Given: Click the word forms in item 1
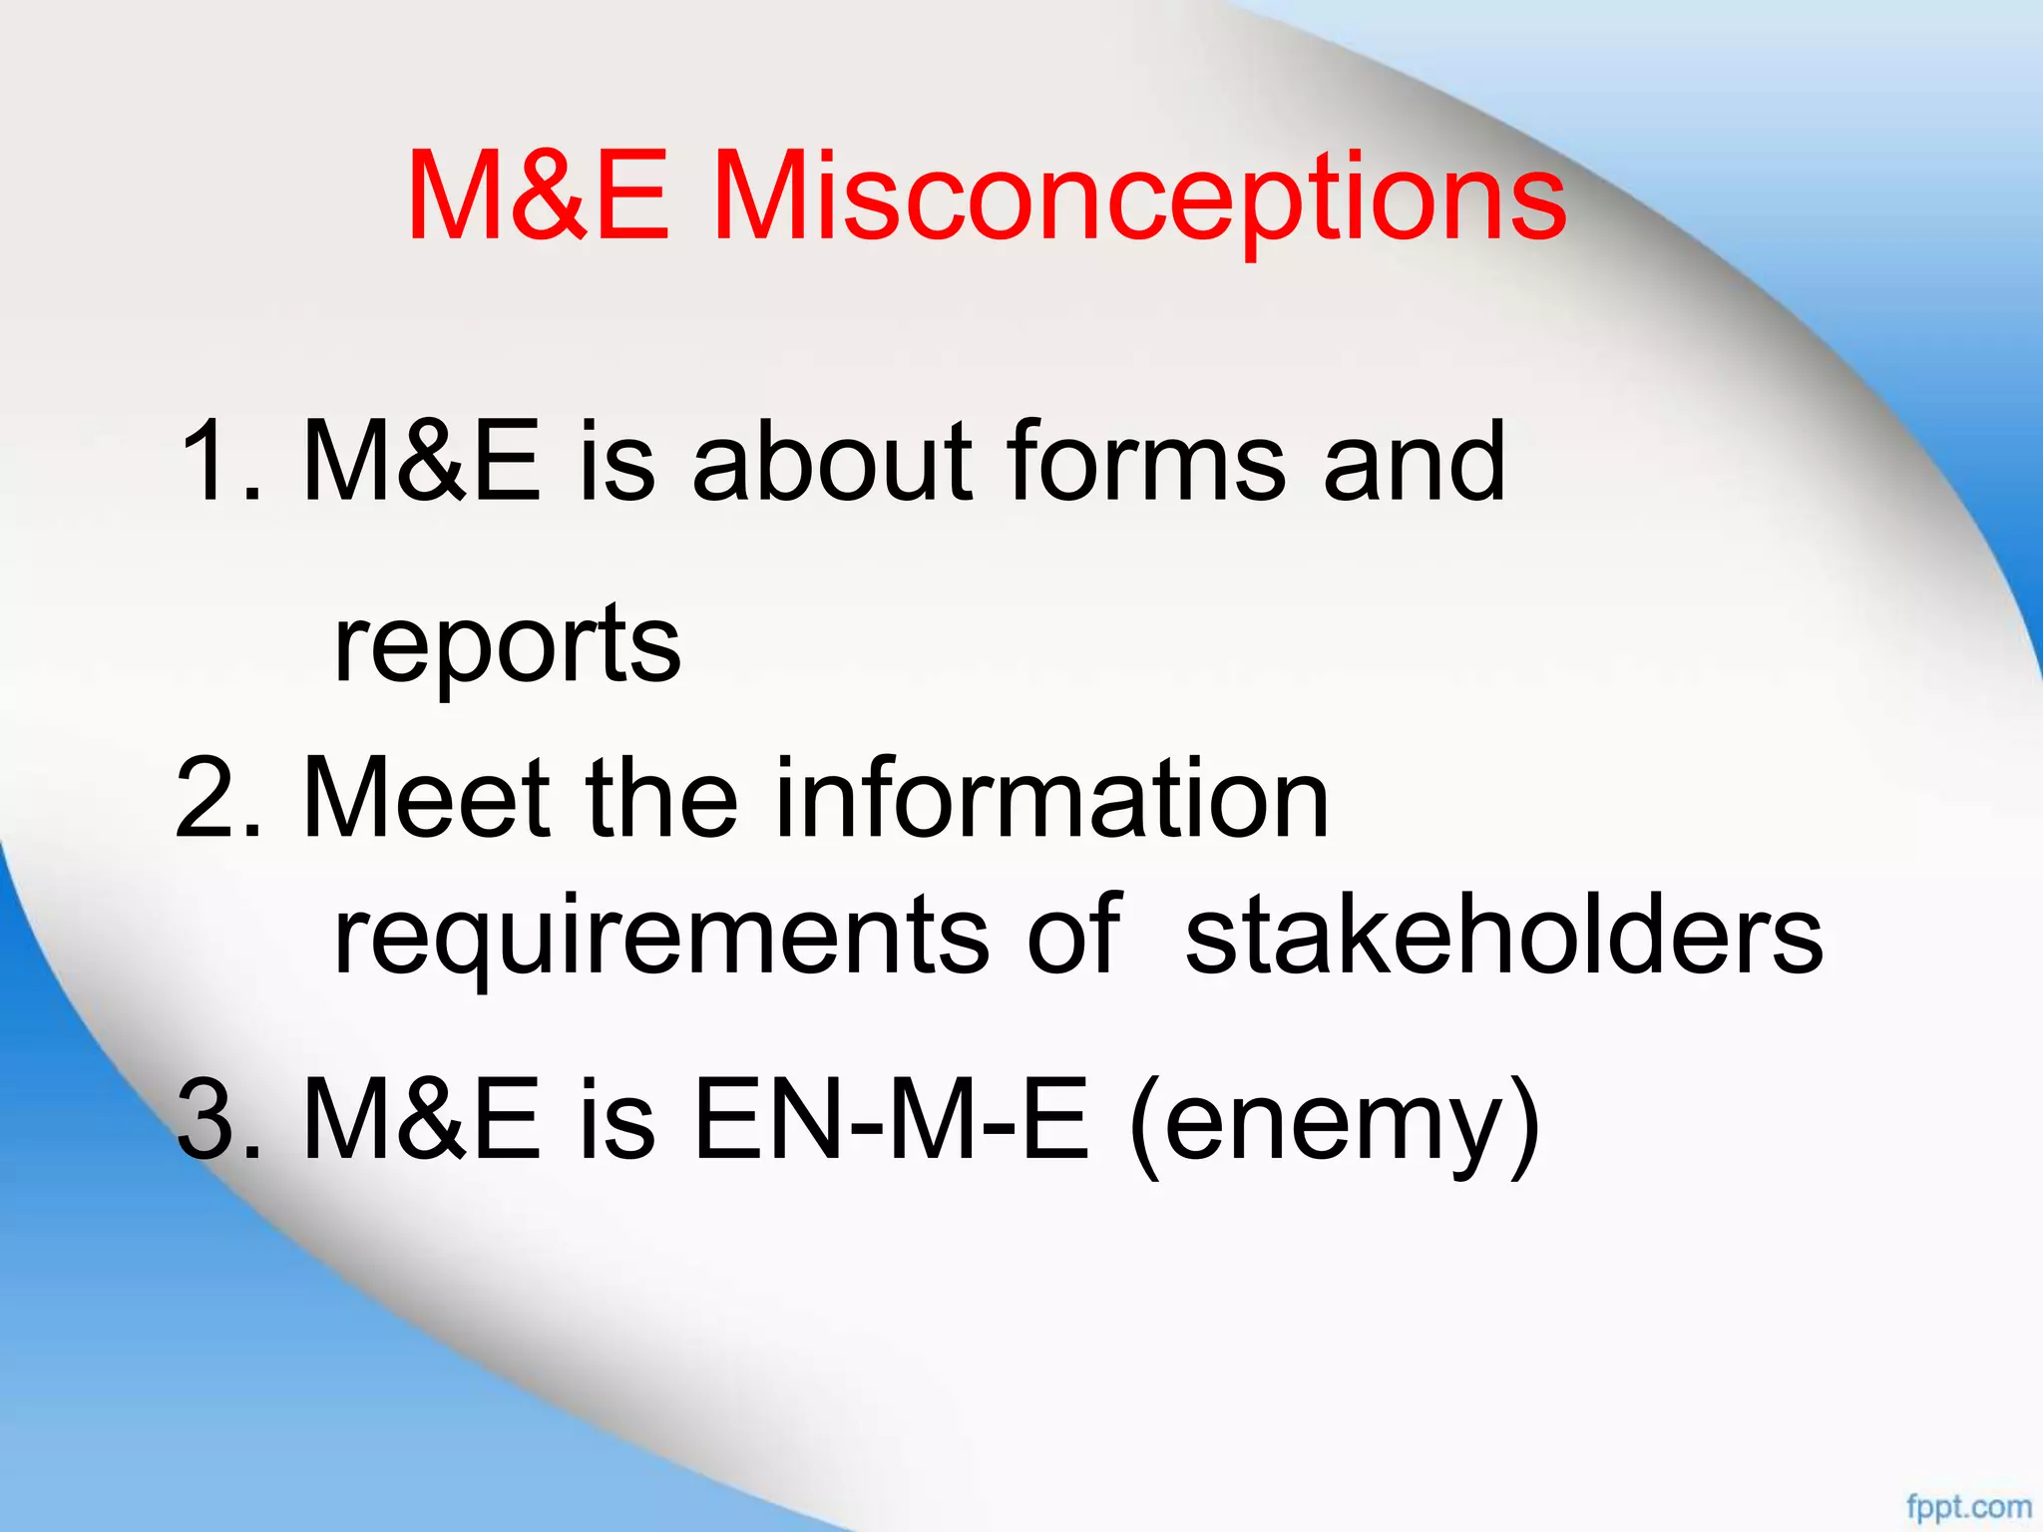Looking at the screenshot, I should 1146,461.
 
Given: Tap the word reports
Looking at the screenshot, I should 507,644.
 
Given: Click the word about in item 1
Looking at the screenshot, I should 832,461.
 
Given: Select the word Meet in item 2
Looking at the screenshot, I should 426,798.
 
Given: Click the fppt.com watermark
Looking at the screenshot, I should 1968,1506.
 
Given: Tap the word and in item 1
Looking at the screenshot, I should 1414,461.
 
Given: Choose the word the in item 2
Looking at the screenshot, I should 662,798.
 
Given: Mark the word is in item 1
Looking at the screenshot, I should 616,461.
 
